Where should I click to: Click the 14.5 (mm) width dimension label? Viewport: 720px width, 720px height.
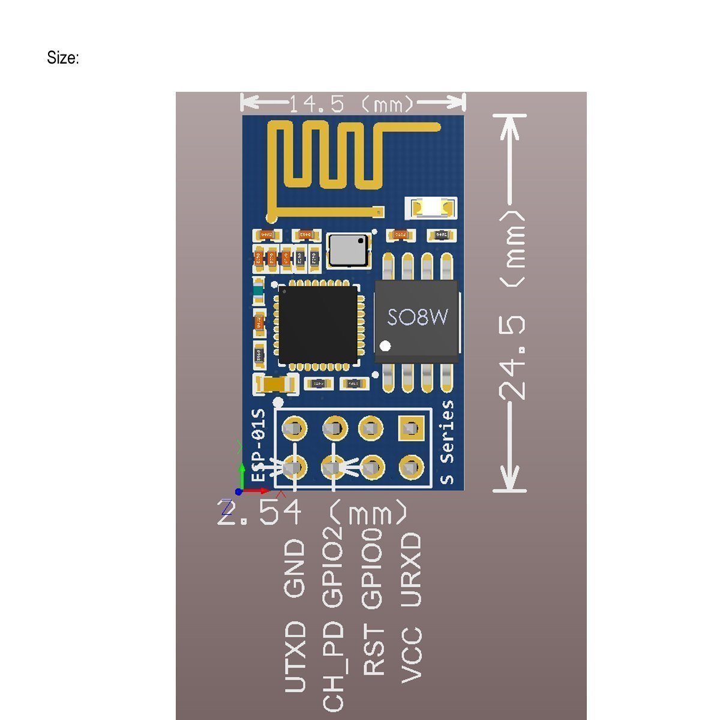click(352, 104)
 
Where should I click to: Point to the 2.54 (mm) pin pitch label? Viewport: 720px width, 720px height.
click(312, 514)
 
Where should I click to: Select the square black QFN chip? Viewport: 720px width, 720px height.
click(317, 324)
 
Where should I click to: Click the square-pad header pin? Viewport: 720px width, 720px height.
click(411, 428)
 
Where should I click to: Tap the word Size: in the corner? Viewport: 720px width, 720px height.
click(63, 58)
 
